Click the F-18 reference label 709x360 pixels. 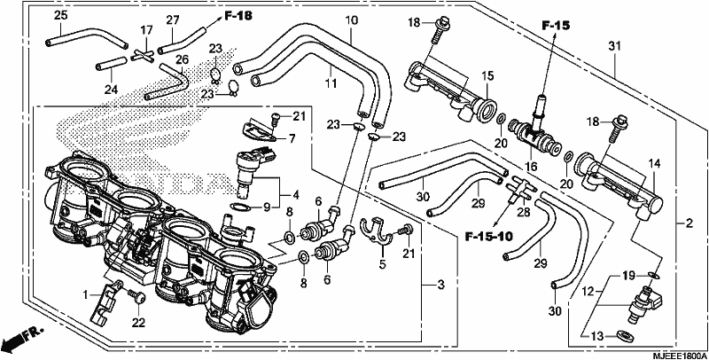pyautogui.click(x=238, y=16)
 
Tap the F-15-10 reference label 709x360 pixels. pyautogui.click(x=488, y=236)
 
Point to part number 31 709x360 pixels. pyautogui.click(x=614, y=46)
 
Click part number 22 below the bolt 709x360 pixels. pyautogui.click(x=138, y=322)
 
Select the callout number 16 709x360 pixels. pyautogui.click(x=531, y=167)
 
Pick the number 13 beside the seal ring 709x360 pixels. pyautogui.click(x=596, y=335)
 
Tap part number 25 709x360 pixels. pyautogui.click(x=60, y=15)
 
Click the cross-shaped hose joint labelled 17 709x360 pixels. pyautogui.click(x=142, y=57)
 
